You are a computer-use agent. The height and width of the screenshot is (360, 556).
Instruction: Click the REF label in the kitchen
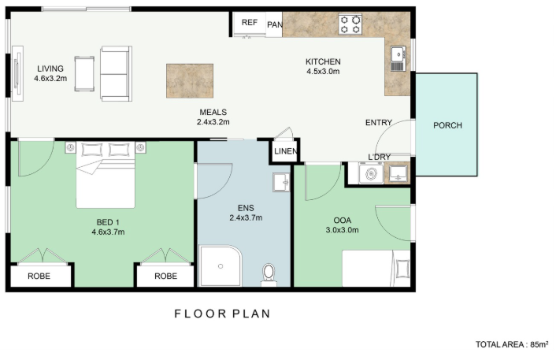tap(250, 22)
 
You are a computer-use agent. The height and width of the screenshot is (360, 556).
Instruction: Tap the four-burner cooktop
tap(350, 24)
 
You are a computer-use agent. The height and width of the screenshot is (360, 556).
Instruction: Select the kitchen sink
tap(398, 58)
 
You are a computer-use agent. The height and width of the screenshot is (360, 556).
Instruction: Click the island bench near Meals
tap(190, 81)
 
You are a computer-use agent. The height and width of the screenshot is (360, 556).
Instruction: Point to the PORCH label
tap(447, 125)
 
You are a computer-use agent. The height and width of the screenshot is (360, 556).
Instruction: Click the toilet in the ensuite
tap(269, 274)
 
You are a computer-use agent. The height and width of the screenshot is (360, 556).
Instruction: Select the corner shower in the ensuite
tap(221, 265)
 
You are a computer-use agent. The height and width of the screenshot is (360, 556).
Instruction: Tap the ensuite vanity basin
tap(281, 182)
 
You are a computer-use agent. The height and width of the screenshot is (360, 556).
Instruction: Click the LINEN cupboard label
tap(286, 151)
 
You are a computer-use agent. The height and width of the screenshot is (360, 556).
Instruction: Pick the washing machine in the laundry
tap(371, 173)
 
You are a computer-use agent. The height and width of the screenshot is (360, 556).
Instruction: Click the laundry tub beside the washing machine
tap(398, 173)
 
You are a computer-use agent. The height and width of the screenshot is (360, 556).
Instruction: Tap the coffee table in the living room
tap(84, 74)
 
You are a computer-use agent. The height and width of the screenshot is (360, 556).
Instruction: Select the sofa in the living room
tap(116, 74)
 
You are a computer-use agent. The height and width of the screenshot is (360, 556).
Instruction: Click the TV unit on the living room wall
tap(17, 74)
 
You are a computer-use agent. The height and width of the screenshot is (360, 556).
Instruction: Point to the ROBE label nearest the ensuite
tap(165, 276)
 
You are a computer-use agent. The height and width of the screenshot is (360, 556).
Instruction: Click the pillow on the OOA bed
tap(402, 269)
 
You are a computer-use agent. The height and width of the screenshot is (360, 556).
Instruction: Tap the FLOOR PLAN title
tap(223, 314)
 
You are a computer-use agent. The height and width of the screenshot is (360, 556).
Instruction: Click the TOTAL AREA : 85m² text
tap(512, 344)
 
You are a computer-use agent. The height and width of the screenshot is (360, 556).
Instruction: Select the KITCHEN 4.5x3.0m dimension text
tap(323, 66)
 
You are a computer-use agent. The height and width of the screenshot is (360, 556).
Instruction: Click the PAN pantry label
tap(275, 24)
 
